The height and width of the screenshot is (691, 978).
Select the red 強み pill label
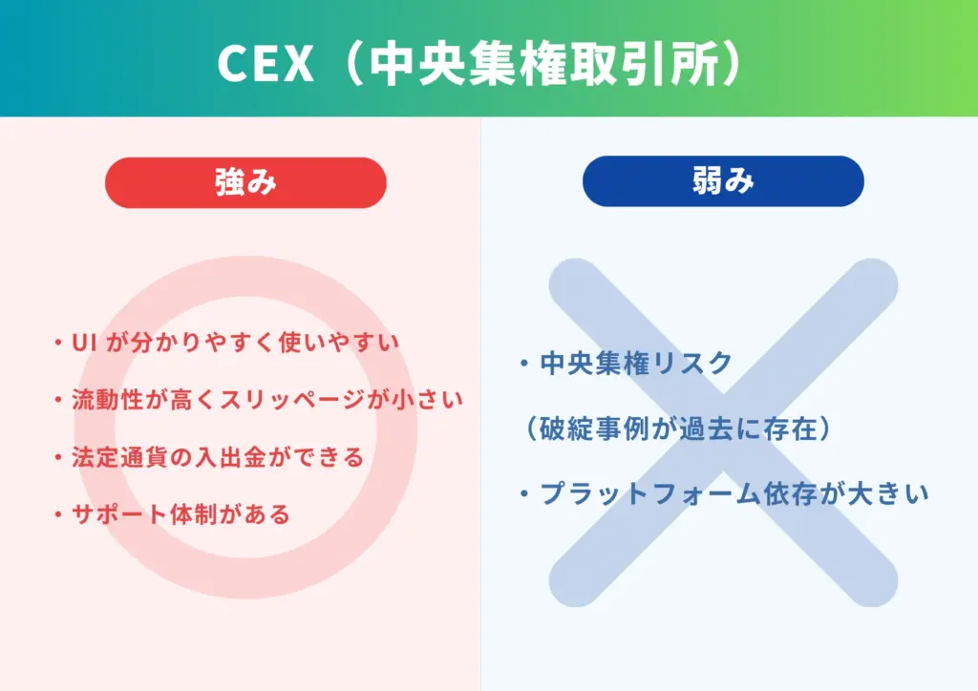pos(245,182)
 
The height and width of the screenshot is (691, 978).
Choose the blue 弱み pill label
pos(723,181)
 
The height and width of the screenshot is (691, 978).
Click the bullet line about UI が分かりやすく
pos(234,342)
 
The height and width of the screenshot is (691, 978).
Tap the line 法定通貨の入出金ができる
pos(218,456)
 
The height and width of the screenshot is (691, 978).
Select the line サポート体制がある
pos(181,513)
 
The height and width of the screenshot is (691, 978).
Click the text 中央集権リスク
pos(636,363)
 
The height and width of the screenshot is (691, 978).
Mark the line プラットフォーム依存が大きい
pos(733,493)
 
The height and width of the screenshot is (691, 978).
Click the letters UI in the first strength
pos(80,342)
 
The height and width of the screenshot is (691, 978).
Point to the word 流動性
pos(107,399)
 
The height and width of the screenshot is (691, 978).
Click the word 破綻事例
pos(593,429)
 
